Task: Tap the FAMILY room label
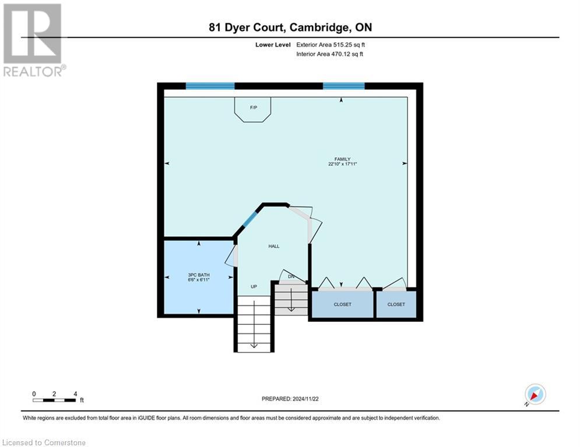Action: point(342,159)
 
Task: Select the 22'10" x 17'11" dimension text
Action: point(342,165)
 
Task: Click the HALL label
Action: point(274,246)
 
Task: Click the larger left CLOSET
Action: point(342,304)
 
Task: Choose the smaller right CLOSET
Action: point(396,304)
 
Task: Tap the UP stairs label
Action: point(254,286)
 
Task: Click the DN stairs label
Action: point(290,276)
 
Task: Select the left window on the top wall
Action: point(210,86)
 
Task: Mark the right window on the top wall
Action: point(344,86)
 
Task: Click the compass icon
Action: point(535,394)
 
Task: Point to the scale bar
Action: point(54,400)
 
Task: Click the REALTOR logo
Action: point(33,40)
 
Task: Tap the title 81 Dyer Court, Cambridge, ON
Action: point(290,27)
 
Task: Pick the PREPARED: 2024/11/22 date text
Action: point(290,399)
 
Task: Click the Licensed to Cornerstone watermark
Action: point(44,442)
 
